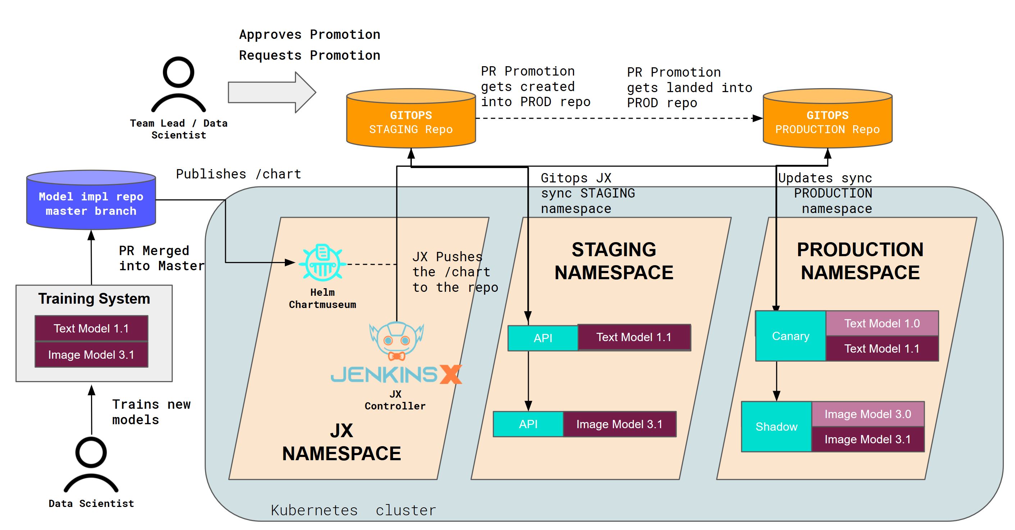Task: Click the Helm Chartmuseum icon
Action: [x=322, y=262]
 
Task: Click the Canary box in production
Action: [x=791, y=336]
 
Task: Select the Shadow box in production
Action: [x=776, y=426]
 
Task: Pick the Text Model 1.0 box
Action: [x=882, y=323]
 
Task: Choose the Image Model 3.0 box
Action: [x=868, y=414]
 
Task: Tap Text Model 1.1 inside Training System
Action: [x=91, y=328]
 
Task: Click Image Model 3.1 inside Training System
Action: [x=91, y=355]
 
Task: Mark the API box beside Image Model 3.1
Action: [x=528, y=424]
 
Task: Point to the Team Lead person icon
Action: [x=178, y=85]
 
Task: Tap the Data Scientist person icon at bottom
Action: [x=91, y=465]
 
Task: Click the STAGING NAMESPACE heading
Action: [x=614, y=261]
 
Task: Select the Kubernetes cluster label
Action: [x=354, y=510]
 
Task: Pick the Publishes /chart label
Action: [x=238, y=174]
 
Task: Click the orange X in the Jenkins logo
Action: [x=450, y=374]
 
